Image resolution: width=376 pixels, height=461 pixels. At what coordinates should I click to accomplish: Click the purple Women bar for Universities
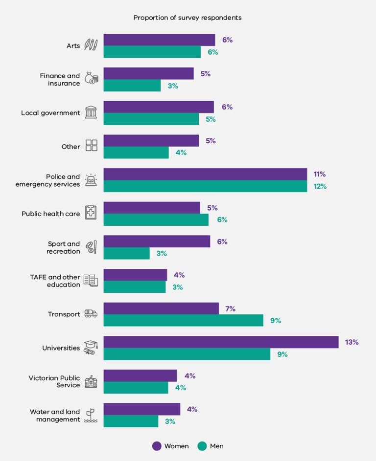coord(221,342)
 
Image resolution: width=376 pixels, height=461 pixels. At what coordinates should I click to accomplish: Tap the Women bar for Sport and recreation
coord(157,241)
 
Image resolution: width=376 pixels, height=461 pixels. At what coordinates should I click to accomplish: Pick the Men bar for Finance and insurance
coord(132,86)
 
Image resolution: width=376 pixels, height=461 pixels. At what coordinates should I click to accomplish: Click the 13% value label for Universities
coord(352,342)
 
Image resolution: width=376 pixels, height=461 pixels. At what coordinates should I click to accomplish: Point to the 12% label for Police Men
coord(320,186)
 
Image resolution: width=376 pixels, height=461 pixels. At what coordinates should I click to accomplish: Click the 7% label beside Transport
coord(230,309)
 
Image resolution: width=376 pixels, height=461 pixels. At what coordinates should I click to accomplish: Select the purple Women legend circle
coord(157,446)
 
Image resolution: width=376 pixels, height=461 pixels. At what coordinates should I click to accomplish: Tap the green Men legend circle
coord(202,446)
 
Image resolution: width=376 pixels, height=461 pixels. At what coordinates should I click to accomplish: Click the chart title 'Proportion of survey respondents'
coord(188,18)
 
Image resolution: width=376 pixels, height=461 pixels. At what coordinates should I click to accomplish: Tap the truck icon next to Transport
coord(91,314)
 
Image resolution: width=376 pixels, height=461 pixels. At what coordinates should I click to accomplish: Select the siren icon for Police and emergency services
coord(91,180)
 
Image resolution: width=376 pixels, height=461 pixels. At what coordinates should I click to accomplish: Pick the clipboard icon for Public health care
coord(91,213)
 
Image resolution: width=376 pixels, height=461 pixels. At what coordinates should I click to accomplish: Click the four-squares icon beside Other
coord(91,145)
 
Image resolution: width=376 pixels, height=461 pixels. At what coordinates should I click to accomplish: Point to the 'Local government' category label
coord(50,113)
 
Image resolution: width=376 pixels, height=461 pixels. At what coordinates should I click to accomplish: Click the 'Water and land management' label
coord(55,416)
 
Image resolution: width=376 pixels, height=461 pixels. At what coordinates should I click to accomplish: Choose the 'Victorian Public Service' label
coord(54,381)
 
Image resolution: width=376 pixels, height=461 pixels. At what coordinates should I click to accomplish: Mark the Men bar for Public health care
coord(156,220)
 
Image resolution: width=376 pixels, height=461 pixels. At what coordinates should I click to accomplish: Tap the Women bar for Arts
coord(159,40)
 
